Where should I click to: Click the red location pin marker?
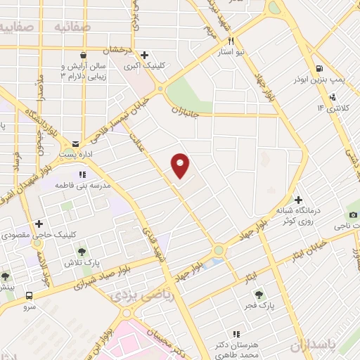tap(181, 165)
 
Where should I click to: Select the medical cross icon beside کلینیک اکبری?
tap(144, 55)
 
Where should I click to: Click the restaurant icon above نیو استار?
tap(241, 41)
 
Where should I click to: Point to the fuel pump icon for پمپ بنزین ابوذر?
tap(319, 69)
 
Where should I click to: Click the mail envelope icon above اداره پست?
tap(75, 143)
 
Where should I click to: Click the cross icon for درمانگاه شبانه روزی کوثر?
tap(298, 200)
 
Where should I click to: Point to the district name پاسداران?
tap(330, 347)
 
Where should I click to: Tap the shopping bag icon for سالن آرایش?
tap(83, 56)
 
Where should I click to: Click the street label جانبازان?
tap(186, 110)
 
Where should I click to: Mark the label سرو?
tap(29, 307)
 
